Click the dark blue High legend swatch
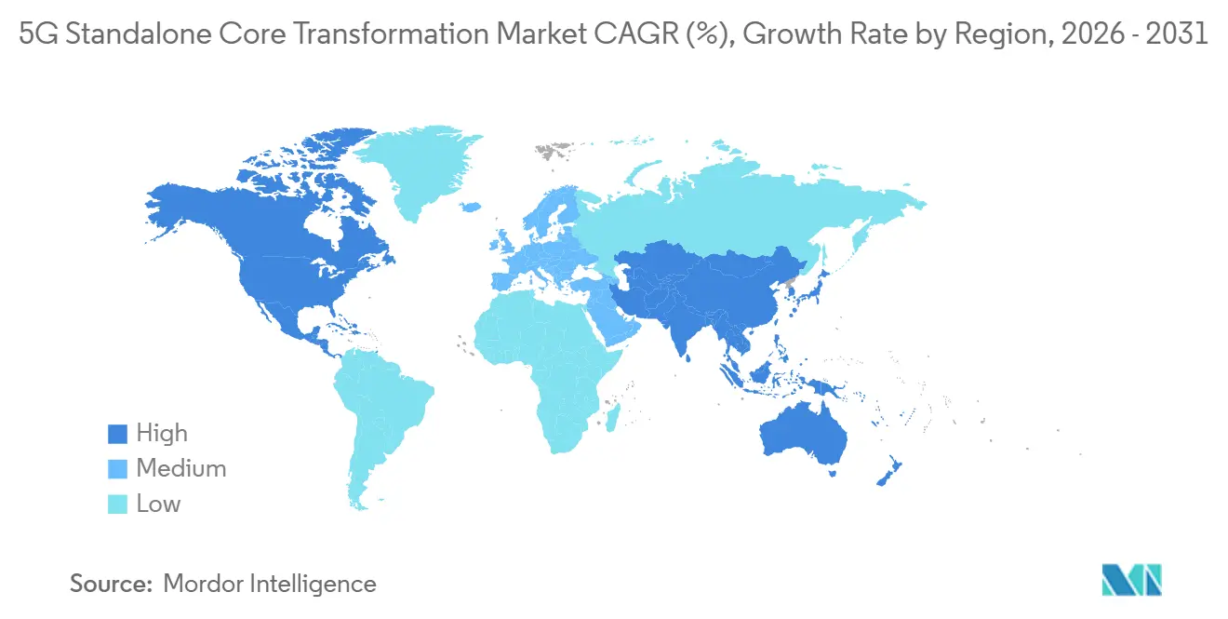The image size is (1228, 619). click(117, 434)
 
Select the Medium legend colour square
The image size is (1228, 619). click(117, 469)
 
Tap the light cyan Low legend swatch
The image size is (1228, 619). click(117, 505)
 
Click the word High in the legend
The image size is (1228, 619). click(162, 434)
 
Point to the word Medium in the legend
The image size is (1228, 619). click(180, 469)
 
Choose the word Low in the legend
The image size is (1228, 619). click(158, 505)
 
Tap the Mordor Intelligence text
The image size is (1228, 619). click(270, 584)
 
